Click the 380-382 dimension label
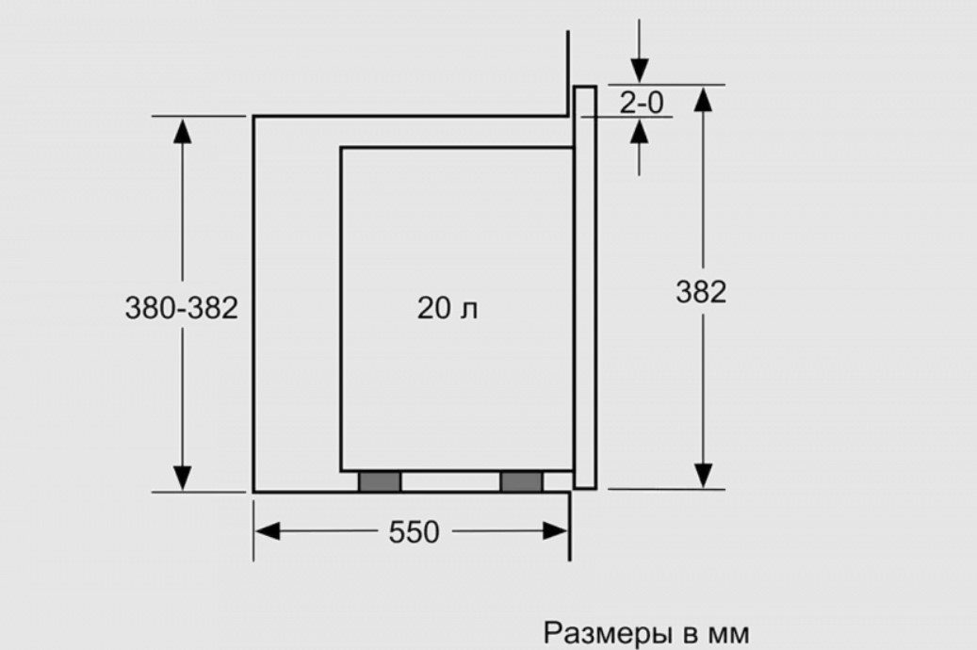[181, 308]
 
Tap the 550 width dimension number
[415, 532]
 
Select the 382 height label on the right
[702, 292]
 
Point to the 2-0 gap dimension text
[642, 102]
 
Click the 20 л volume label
[448, 308]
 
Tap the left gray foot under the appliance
[380, 481]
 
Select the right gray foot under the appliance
[522, 481]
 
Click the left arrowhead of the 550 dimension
[268, 531]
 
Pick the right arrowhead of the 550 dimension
[555, 531]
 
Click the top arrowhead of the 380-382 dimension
[182, 131]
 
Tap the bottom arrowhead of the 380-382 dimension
[182, 478]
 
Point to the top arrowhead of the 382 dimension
[703, 100]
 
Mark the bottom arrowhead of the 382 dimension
[703, 476]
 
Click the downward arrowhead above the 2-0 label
[640, 71]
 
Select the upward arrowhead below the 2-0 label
[640, 131]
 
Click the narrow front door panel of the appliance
[585, 286]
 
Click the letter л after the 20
[469, 310]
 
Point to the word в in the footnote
[691, 635]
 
